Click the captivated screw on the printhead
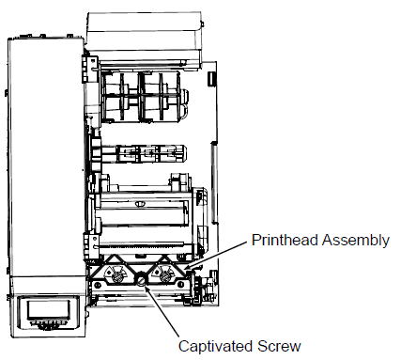tap(142, 277)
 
